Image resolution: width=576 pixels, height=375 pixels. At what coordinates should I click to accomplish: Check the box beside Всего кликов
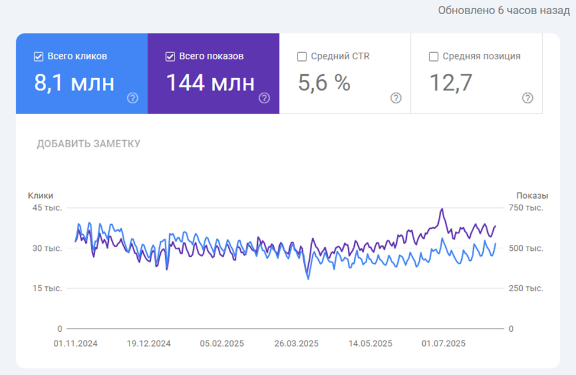38,57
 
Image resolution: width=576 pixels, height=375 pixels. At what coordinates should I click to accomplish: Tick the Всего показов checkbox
170,57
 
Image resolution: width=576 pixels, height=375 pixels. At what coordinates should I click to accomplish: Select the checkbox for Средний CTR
302,57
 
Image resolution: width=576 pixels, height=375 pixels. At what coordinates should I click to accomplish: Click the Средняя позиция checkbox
433,57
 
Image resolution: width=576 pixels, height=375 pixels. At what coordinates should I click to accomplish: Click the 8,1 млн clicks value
75,83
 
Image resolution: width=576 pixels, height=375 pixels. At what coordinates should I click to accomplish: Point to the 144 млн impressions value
210,83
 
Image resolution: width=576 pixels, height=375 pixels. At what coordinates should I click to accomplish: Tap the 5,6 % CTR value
324,83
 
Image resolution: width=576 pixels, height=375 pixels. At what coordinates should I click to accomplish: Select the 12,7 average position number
451,83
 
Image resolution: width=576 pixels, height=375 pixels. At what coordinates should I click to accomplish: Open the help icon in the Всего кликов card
132,98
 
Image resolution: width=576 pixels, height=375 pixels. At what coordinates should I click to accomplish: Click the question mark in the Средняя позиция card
528,98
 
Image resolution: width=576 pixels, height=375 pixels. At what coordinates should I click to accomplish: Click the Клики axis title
40,196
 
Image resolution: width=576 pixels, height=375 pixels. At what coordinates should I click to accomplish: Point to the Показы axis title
532,196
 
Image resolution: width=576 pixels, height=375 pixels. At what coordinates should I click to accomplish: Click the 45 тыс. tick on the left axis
47,208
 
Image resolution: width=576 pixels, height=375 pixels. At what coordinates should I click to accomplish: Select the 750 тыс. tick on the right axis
526,208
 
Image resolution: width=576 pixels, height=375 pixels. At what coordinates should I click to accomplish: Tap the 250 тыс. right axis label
526,288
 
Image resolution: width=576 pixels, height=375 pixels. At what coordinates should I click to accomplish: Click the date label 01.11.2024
75,344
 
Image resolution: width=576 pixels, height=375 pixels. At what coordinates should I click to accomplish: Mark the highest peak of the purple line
442,209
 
